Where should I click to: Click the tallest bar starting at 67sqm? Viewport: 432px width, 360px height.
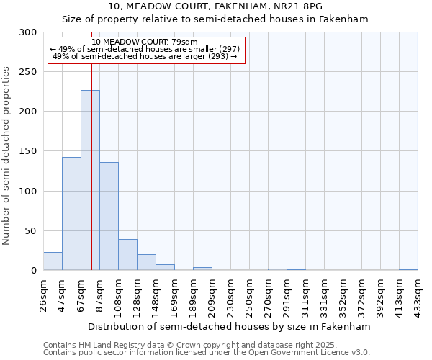[x=90, y=180]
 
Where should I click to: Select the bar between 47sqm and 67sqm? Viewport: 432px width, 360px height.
[x=71, y=213]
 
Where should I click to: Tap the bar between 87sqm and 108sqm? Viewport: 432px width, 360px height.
[x=109, y=216]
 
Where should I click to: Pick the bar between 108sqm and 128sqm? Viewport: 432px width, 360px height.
[x=127, y=255]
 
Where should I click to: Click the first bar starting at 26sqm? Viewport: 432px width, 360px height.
[x=53, y=261]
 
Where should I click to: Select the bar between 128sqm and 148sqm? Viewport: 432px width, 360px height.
[x=146, y=262]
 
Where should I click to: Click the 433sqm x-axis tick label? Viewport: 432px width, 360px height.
[x=418, y=294]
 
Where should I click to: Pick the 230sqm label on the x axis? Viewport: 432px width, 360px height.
[x=230, y=294]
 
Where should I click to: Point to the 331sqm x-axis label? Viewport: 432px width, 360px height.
[x=324, y=294]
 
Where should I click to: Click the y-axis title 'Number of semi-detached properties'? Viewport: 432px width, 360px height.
[x=6, y=156]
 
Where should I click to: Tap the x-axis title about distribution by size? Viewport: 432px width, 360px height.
[x=230, y=326]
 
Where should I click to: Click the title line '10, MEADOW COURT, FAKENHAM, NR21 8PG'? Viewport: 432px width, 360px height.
[x=215, y=6]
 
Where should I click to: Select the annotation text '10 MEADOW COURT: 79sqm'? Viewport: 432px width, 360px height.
[x=145, y=42]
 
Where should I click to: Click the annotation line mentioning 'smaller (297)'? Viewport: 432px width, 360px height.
[x=145, y=49]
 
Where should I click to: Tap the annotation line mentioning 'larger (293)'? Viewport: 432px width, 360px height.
[x=145, y=56]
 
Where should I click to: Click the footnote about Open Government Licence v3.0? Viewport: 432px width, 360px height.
[x=207, y=353]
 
